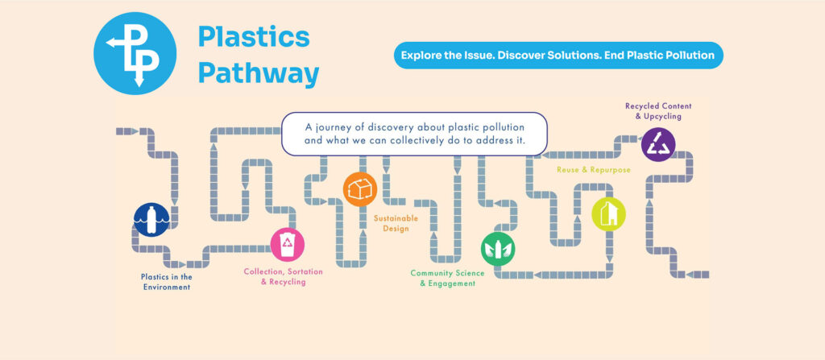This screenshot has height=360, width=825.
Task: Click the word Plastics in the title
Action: pos(254,37)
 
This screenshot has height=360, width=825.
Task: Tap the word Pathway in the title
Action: pos(259,73)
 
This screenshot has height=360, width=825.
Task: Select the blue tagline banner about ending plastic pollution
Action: pos(558,56)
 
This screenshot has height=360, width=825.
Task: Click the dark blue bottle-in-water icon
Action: pos(151,219)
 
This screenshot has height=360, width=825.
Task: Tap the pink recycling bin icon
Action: pos(287,244)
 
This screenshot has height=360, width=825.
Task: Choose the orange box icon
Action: pos(359,189)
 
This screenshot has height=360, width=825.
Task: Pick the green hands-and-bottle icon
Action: pos(497,249)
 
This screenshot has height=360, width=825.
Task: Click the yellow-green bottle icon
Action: pos(608,213)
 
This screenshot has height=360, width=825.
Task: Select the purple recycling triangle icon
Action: pos(658,144)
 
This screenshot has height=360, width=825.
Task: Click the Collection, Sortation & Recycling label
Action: pos(276,277)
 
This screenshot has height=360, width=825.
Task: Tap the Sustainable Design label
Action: pos(392,223)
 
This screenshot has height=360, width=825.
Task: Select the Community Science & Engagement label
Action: pos(447,279)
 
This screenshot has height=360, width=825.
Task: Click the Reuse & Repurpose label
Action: pos(593,170)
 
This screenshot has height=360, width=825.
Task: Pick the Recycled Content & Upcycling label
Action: pos(658,111)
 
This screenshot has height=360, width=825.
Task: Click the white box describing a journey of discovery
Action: pos(415,134)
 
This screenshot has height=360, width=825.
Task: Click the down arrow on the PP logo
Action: pos(139,81)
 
